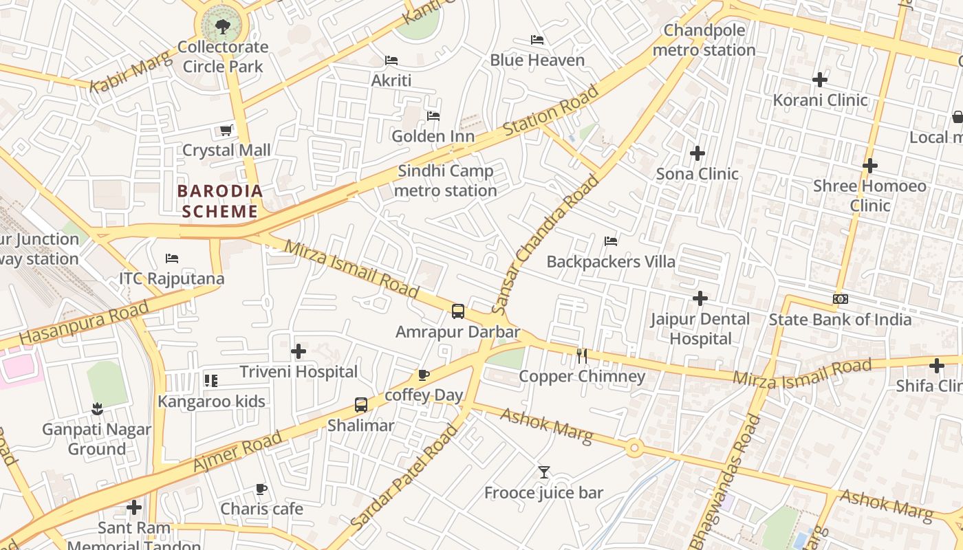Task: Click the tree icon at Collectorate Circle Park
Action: point(222,27)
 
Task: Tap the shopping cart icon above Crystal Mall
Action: point(226,130)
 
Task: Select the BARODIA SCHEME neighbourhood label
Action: point(220,201)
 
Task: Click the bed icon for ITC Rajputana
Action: point(172,258)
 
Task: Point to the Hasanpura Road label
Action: point(84,322)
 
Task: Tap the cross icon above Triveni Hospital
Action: point(299,351)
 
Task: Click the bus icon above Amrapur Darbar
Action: point(458,311)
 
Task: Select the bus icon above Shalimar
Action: point(361,405)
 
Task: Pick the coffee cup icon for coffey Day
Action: point(423,375)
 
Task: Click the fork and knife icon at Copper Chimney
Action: point(582,355)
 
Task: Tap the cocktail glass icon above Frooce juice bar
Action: point(544,472)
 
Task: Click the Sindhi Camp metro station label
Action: point(446,181)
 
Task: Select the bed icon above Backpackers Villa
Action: point(611,241)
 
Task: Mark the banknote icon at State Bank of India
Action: point(840,299)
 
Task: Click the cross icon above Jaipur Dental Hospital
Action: point(700,298)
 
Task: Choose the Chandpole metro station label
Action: point(704,41)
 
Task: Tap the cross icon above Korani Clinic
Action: point(820,80)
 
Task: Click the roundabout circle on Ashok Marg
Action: point(634,449)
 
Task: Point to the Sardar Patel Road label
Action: point(404,477)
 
